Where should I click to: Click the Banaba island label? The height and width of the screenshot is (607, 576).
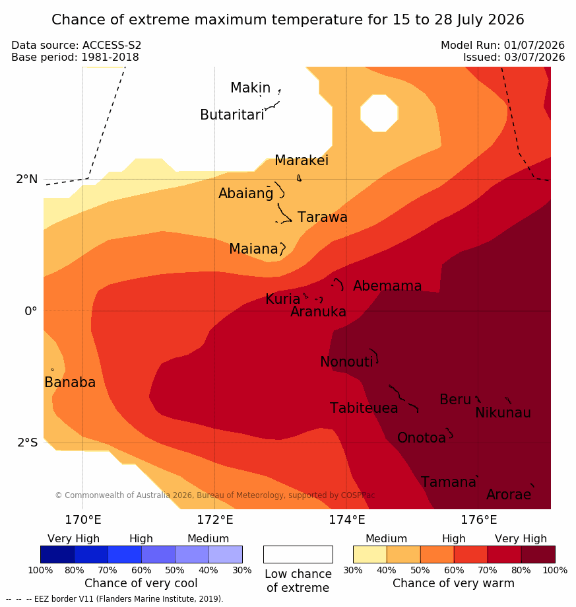pos(70,382)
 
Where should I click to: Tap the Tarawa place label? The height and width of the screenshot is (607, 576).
pos(323,217)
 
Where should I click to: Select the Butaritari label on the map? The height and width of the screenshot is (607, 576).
pos(232,114)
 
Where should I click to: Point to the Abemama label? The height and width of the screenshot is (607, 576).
pos(387,286)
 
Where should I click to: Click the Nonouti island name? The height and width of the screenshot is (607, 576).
pos(347,361)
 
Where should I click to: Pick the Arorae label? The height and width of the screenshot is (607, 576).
pos(509,494)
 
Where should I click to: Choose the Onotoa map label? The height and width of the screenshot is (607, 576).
pos(422,437)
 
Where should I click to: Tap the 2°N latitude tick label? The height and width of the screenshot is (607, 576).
pos(27,179)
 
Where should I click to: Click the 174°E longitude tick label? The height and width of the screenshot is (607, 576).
pos(347,520)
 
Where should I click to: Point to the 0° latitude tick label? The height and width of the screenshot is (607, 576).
pos(31,311)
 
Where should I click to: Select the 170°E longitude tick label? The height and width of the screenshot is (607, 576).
pos(83,520)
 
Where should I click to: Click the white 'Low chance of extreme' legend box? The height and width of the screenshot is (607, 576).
pos(298,554)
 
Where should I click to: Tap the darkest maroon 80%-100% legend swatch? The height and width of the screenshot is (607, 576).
pos(538,554)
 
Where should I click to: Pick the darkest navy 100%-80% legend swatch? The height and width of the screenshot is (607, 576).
pos(57,554)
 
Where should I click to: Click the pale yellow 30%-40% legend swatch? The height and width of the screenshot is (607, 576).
pos(370,554)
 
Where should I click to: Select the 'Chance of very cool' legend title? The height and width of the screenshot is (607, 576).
pos(141,583)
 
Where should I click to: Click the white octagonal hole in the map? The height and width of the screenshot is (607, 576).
pos(379,113)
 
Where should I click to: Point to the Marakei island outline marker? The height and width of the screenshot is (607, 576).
pos(299,178)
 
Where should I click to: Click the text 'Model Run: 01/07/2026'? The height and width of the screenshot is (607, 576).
pos(503,46)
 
